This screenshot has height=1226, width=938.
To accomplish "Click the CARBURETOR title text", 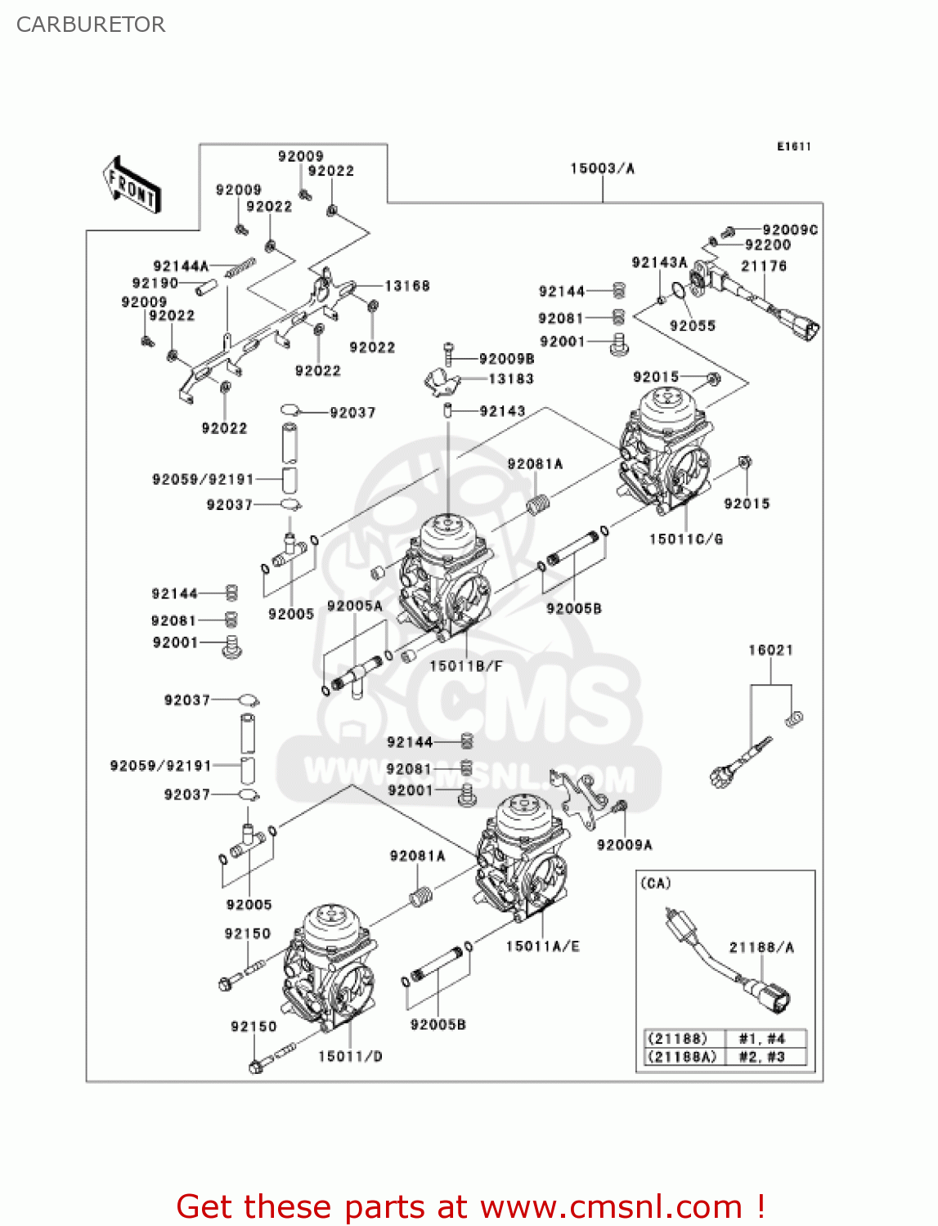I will tap(91, 25).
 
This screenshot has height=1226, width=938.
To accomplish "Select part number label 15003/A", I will tap(602, 168).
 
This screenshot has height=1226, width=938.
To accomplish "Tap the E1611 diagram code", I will tap(793, 146).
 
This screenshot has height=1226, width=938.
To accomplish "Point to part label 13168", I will tap(406, 286).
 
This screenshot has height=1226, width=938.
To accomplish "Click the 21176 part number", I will tap(763, 266).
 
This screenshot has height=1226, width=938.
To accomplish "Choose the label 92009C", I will tap(789, 230).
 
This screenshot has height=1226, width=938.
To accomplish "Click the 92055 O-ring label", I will tap(692, 325).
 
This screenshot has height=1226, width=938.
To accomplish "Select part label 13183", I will tap(510, 379).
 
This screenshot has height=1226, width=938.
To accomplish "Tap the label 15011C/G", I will tap(685, 539).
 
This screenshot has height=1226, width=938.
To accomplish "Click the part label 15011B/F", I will tap(465, 665).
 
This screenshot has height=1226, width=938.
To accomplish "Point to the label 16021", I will tap(770, 650).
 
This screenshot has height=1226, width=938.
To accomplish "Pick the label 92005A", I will tap(354, 606).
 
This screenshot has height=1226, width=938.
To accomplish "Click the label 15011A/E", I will tap(542, 946).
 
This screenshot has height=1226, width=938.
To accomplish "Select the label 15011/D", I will tap(349, 1056).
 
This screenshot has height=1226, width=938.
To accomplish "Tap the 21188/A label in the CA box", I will tap(761, 947).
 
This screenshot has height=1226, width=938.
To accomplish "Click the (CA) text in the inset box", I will tap(655, 883).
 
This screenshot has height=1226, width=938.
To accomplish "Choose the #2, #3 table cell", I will tap(761, 1056).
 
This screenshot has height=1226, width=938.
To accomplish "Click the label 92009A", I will tap(624, 844).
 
